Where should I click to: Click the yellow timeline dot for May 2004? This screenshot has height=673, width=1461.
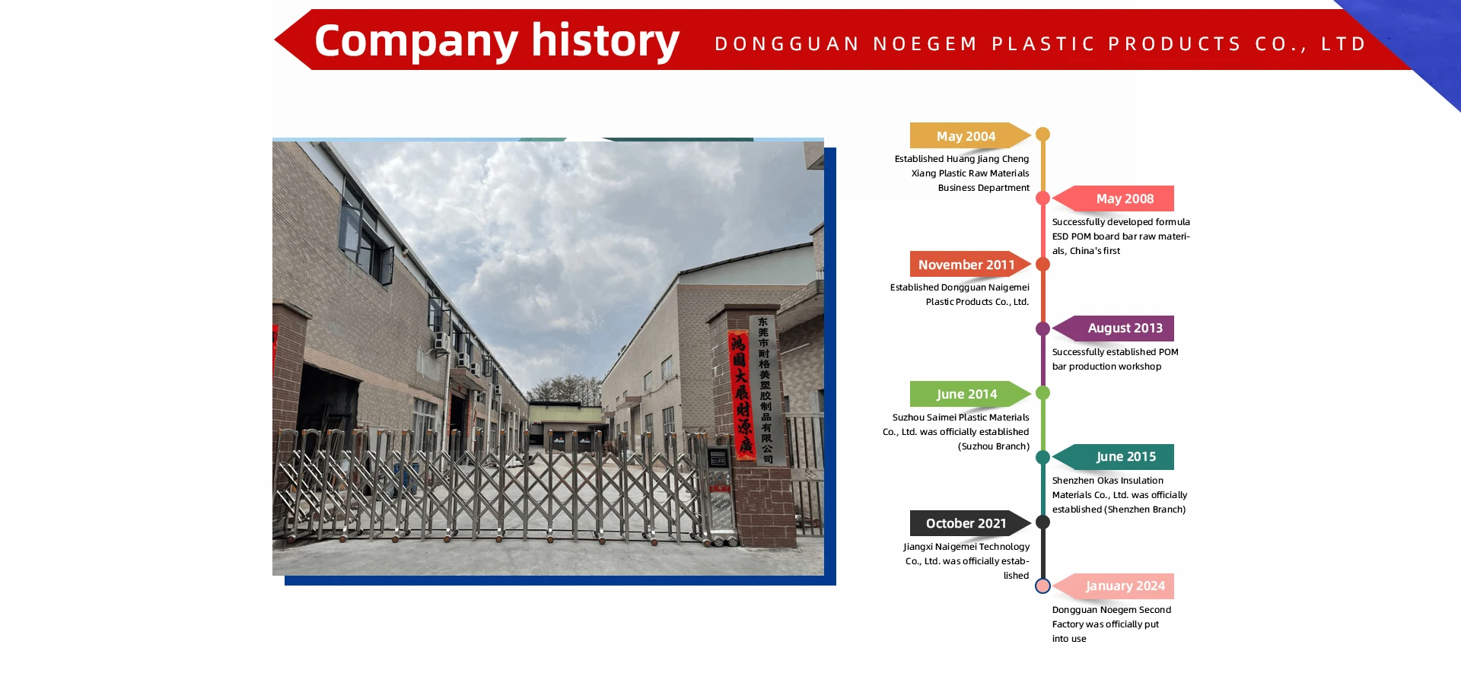(1043, 135)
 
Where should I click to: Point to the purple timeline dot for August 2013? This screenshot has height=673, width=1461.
(1043, 329)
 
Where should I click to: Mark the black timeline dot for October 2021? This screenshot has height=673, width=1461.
(1043, 522)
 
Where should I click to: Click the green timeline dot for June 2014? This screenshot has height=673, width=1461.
(1043, 393)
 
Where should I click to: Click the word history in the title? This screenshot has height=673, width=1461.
(605, 40)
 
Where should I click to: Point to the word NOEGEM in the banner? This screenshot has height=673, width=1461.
(925, 44)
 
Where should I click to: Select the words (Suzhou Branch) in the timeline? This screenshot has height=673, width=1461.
(994, 446)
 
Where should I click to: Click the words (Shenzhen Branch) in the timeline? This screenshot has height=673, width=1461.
(1145, 510)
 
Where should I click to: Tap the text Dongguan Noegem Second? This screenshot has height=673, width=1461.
(1112, 610)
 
